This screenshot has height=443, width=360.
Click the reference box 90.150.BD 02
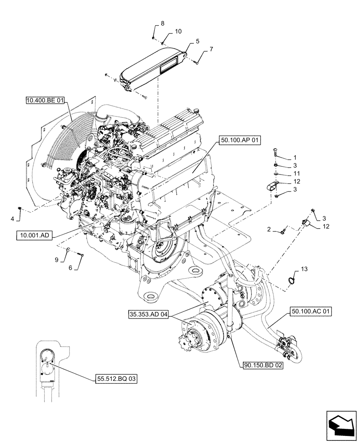point(263,366)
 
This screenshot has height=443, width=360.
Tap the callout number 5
point(197,41)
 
